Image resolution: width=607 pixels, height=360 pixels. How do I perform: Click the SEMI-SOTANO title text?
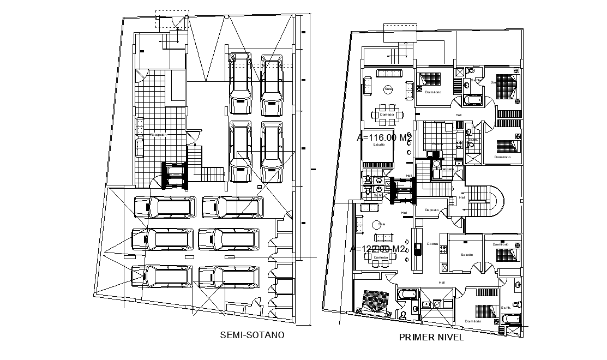click(x=251, y=335)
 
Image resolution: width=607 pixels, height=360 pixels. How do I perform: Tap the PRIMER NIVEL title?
click(x=431, y=337)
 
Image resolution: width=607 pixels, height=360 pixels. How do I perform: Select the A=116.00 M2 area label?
click(x=384, y=138)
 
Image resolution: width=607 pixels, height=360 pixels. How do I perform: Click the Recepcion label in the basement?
click(x=158, y=134)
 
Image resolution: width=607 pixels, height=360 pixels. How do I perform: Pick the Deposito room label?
click(x=432, y=209)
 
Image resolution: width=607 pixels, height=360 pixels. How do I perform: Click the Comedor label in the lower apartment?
click(x=380, y=256)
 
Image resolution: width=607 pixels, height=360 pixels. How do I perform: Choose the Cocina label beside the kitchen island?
click(x=432, y=244)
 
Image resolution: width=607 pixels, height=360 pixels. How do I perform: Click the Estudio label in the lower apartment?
click(x=466, y=255)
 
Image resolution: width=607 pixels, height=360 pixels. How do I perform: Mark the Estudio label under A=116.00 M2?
click(x=379, y=145)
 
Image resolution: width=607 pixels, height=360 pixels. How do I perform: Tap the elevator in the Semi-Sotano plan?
click(x=176, y=176)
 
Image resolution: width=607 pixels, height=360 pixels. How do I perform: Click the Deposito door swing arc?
click(x=457, y=221)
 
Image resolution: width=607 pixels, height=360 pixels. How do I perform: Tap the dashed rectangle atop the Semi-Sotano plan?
click(x=172, y=19)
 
